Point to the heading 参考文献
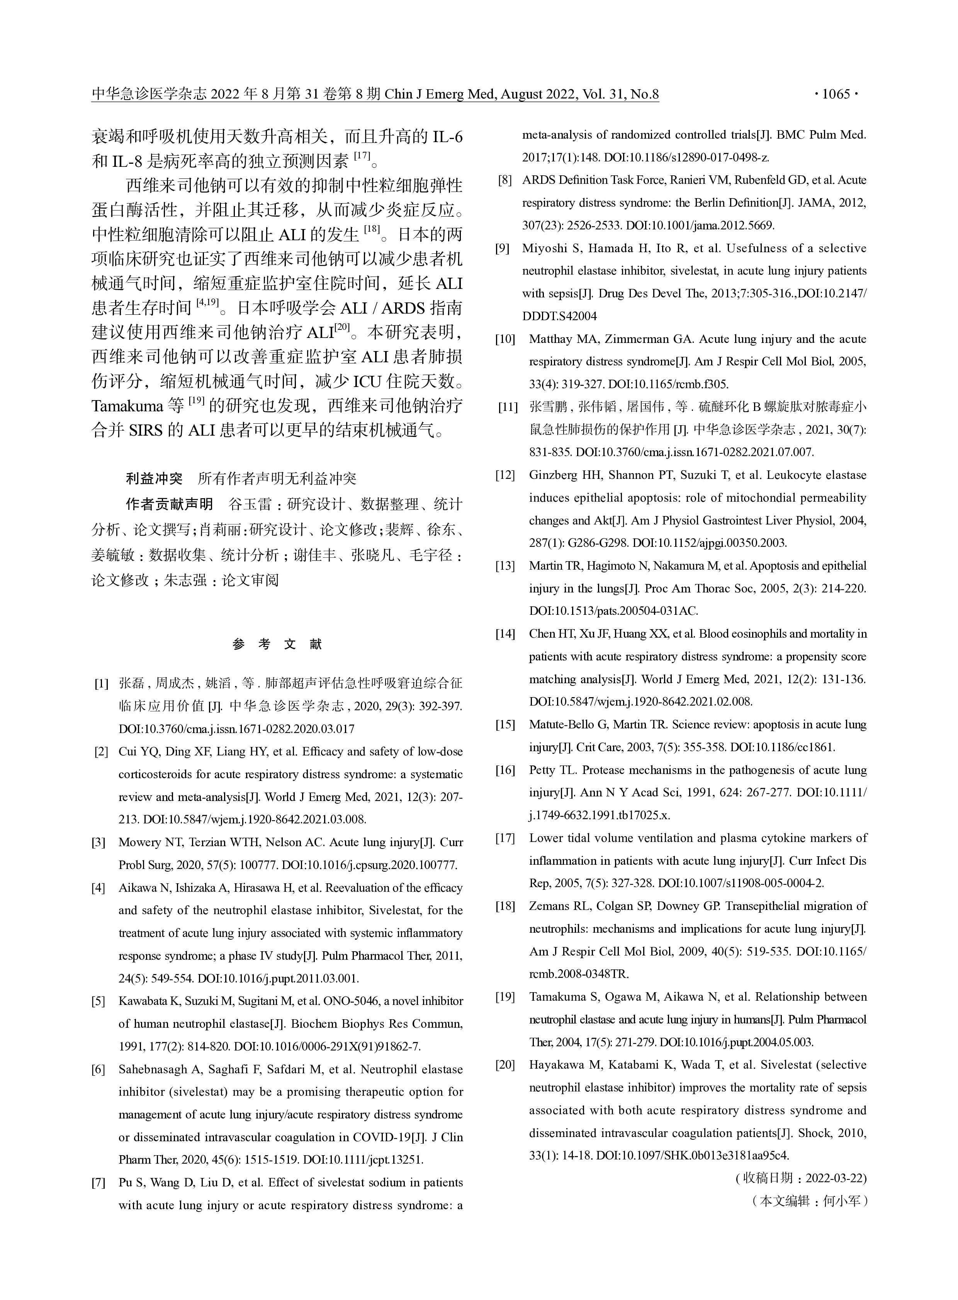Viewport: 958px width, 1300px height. pyautogui.click(x=277, y=644)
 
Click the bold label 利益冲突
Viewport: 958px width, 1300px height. pyautogui.click(x=154, y=479)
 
